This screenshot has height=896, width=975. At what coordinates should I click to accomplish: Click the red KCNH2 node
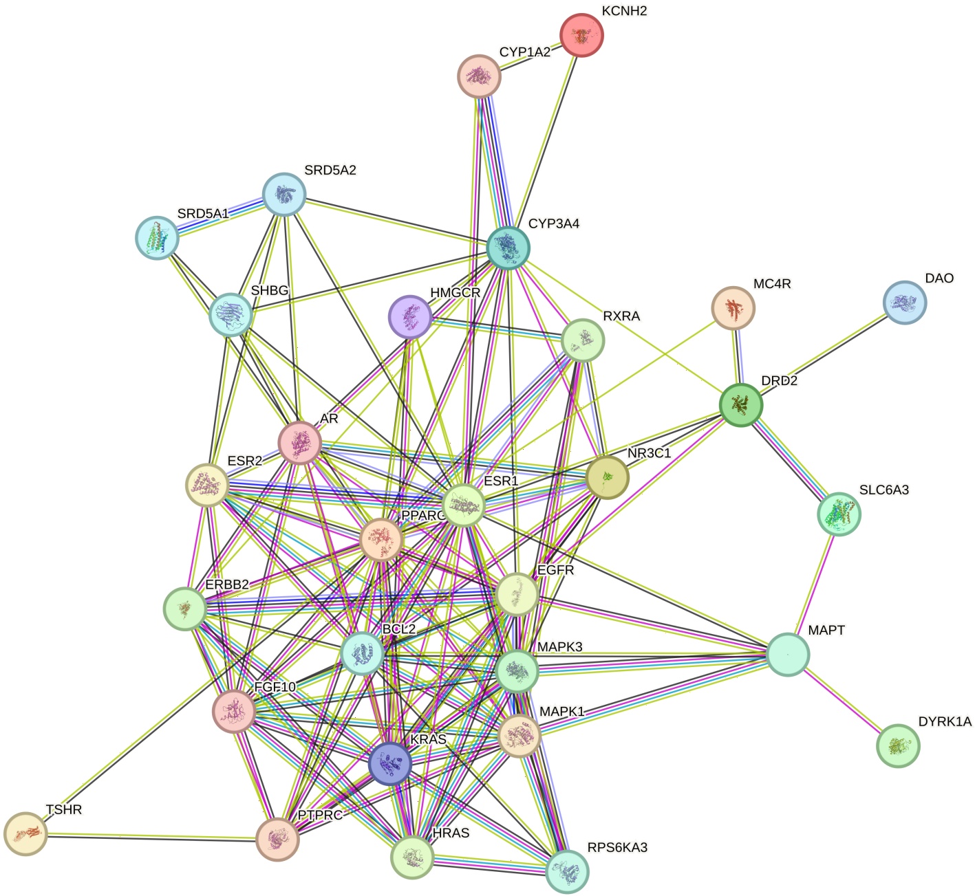pos(581,35)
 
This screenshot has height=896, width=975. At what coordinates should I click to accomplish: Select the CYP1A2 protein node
pos(479,76)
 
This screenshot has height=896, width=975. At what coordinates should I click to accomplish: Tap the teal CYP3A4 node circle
pos(508,247)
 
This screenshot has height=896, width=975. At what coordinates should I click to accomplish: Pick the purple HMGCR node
pos(410,317)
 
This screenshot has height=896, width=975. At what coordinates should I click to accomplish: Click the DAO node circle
pos(904,303)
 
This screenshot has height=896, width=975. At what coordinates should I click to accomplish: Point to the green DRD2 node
pos(740,404)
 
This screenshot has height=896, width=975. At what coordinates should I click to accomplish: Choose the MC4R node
pos(733,308)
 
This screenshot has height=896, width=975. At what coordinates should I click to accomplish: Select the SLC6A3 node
pos(839,514)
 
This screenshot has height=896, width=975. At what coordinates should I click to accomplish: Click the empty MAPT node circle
pos(788,655)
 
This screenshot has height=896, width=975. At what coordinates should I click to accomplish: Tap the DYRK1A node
pos(898,745)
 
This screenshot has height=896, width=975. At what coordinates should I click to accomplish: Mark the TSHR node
pos(25,833)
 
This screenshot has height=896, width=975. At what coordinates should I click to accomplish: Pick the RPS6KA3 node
pos(567,871)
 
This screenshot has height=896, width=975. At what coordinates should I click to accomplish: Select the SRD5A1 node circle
pos(158,237)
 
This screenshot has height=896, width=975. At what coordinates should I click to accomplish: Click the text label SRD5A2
pos(330,171)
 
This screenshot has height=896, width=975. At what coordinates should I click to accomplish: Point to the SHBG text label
pos(270,291)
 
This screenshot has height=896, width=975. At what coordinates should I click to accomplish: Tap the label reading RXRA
pos(621,316)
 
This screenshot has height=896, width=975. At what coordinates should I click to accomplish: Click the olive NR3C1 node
pos(607,476)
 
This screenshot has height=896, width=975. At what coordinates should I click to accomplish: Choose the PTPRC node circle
pos(277,839)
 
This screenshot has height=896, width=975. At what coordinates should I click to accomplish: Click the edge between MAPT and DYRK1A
pos(843,700)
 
